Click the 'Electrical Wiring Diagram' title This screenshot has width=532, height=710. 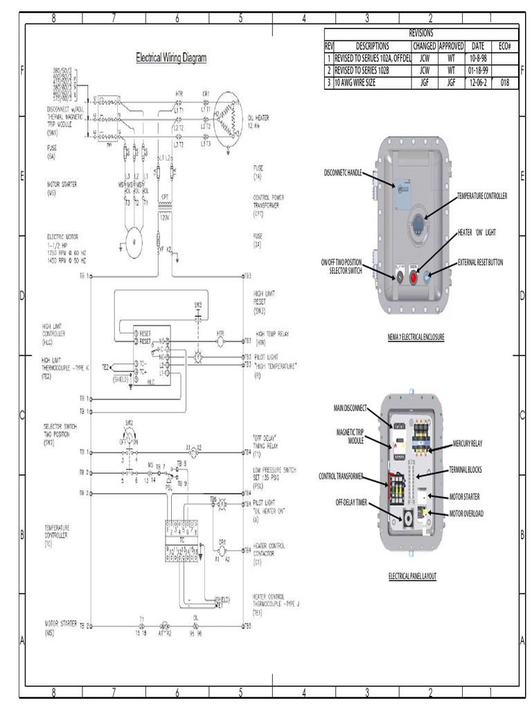pyautogui.click(x=170, y=58)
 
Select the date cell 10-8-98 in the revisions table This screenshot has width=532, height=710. pyautogui.click(x=478, y=58)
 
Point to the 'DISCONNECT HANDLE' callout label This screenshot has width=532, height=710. pyautogui.click(x=343, y=171)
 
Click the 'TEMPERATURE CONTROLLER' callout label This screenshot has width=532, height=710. pyautogui.click(x=482, y=196)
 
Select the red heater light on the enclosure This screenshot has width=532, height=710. pyautogui.click(x=414, y=276)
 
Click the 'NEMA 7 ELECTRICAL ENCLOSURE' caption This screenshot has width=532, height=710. pyautogui.click(x=416, y=337)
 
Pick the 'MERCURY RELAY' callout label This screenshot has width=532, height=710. pyautogui.click(x=468, y=442)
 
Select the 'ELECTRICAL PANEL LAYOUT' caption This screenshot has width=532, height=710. pyautogui.click(x=412, y=576)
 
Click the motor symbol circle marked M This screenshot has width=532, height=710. pyautogui.click(x=133, y=241)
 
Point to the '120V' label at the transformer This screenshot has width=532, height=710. pyautogui.click(x=165, y=217)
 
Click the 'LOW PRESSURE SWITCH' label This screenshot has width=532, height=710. pyautogui.click(x=275, y=469)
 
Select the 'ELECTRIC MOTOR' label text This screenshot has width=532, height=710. pyautogui.click(x=62, y=236)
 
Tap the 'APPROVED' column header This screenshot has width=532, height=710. pyautogui.click(x=451, y=46)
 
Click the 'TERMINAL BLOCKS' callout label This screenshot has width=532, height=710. pyautogui.click(x=465, y=469)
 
